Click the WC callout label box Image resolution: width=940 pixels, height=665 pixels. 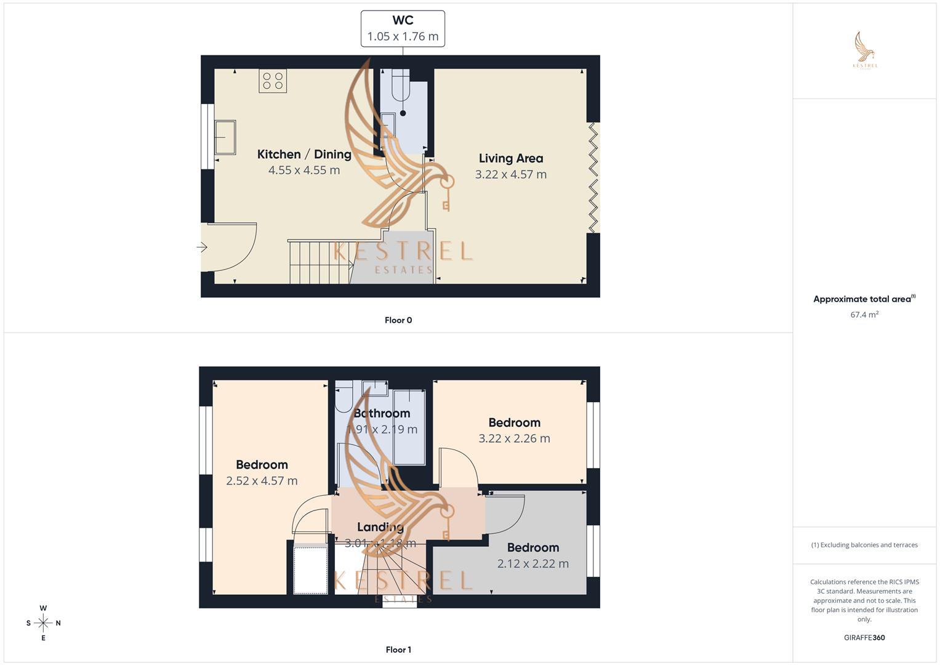point(403,28)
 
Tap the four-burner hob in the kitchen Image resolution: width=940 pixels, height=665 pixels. point(273,81)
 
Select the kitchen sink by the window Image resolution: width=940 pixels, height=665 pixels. point(225,137)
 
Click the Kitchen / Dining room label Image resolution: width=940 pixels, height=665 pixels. point(304,155)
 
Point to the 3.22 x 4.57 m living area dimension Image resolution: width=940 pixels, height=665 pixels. point(510,175)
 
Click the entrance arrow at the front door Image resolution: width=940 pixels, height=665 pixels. point(202,248)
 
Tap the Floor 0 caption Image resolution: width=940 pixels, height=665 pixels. point(398,320)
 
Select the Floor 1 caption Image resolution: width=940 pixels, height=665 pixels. point(398,650)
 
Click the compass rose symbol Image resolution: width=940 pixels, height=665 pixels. point(43,623)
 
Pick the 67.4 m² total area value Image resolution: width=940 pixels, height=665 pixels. point(864,315)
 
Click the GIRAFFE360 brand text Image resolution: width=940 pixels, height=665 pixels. point(864,638)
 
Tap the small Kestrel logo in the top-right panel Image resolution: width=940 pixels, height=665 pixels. point(865,50)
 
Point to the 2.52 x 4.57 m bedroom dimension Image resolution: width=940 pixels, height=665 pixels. point(262,481)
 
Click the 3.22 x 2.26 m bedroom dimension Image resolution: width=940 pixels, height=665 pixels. point(514,439)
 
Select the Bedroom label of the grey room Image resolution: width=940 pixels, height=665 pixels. point(532,547)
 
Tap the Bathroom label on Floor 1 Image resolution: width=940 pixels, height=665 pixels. point(382,414)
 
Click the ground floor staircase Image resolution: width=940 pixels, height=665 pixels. point(320,262)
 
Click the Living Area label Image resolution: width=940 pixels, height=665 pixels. point(510,158)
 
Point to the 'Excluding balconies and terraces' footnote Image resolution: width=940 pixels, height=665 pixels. point(864,545)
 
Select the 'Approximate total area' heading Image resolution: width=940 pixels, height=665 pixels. point(862,299)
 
